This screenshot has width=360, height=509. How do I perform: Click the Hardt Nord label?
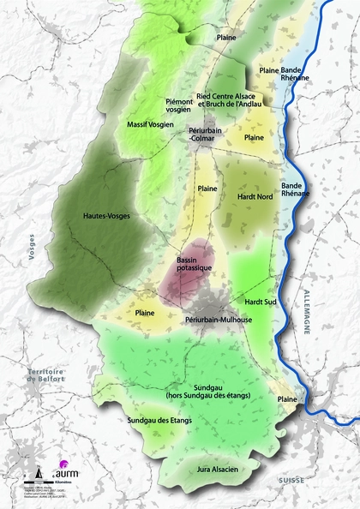255,196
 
